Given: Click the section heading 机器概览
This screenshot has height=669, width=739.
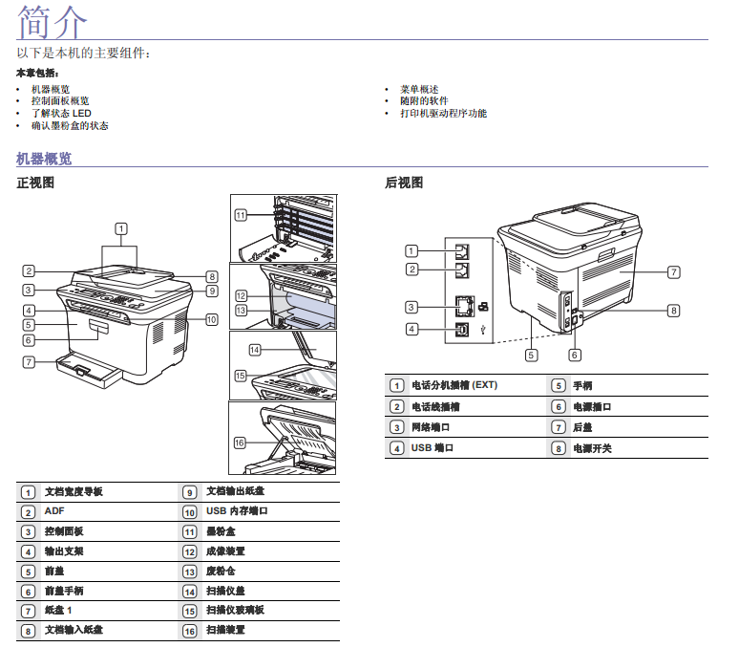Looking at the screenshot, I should coord(44,159).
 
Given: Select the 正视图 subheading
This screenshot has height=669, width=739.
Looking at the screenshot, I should coord(35,183).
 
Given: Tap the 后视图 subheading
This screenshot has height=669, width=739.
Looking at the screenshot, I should coord(404,183).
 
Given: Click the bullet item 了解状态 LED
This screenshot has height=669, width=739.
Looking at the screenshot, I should coord(61,113).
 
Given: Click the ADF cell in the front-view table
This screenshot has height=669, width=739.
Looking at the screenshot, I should coord(53,511).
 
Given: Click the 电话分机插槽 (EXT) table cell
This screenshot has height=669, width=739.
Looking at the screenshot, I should coord(454,386).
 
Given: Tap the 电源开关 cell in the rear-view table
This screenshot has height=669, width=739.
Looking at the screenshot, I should coord(592,448).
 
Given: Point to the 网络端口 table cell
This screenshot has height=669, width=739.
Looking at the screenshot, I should coord(431,427).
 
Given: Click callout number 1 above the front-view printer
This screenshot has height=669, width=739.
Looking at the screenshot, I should coord(121,227).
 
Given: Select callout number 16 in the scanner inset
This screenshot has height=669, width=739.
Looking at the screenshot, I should coord(241,442).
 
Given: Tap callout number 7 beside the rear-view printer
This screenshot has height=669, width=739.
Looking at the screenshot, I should coord(673,272).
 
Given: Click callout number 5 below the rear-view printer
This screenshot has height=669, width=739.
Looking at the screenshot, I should coord(530,355).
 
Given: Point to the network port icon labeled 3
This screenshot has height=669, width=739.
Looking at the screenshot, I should coord(464,307).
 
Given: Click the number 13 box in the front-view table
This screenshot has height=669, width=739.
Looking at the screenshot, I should coord(190,571).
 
